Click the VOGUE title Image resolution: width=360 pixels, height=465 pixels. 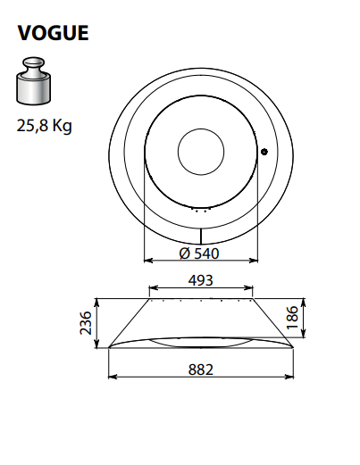point(54,33)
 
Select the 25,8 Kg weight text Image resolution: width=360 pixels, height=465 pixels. point(44,126)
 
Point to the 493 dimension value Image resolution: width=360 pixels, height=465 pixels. point(201,278)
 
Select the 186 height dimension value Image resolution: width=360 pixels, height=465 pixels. point(317,315)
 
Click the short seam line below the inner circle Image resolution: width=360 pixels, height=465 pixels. point(201,234)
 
